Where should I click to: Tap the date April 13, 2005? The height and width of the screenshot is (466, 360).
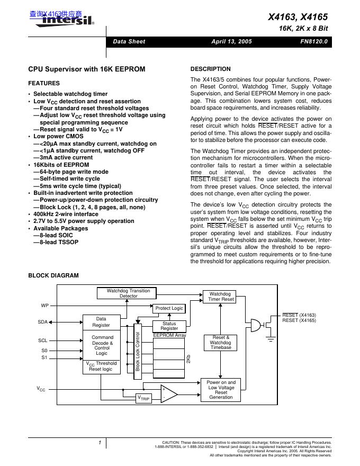(x=231, y=41)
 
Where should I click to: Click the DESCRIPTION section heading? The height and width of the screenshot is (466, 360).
(x=210, y=69)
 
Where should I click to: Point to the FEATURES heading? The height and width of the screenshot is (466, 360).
(x=43, y=83)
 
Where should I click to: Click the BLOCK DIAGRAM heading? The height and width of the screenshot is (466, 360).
(x=53, y=275)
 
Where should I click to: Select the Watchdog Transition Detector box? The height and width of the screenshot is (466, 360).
(x=128, y=293)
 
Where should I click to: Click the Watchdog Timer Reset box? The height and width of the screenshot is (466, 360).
(x=220, y=297)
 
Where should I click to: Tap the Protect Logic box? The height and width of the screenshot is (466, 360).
(x=169, y=308)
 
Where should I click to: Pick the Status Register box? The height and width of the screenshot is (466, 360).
(x=169, y=326)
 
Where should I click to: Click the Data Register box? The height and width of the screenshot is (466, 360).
(x=101, y=322)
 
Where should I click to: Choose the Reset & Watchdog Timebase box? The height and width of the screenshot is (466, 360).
(x=220, y=342)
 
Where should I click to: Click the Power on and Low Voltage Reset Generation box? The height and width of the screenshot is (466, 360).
(x=221, y=390)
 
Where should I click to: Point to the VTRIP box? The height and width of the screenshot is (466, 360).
(x=143, y=398)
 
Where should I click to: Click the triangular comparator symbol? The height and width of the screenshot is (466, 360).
(x=168, y=393)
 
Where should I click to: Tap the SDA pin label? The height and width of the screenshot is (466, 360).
(x=43, y=322)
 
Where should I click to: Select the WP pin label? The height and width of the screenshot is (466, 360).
(x=44, y=306)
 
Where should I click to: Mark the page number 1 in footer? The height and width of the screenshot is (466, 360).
(x=100, y=442)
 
